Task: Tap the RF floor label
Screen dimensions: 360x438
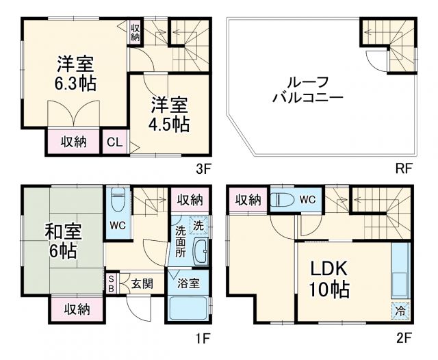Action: point(404,168)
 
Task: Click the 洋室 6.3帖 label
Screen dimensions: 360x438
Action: point(75,74)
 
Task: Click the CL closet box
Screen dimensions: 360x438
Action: point(114,142)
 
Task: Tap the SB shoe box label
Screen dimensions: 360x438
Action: point(112,283)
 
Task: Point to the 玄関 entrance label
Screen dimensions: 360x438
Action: point(143,283)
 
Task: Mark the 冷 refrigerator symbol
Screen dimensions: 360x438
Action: point(401,311)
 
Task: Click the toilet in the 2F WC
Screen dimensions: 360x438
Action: point(283,201)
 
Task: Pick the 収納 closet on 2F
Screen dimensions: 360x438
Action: point(248,200)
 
